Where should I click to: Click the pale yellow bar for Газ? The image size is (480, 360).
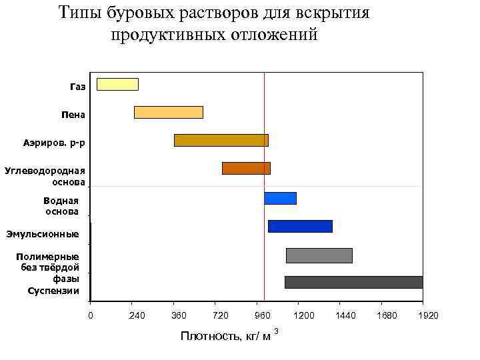click(x=117, y=84)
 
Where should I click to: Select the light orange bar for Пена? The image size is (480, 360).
click(x=168, y=112)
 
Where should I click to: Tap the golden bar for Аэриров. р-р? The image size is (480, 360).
click(x=221, y=140)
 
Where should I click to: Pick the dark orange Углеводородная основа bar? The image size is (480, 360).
click(x=246, y=168)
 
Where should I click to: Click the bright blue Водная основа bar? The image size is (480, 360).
click(x=280, y=198)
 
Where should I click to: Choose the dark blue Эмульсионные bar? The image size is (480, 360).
click(x=299, y=226)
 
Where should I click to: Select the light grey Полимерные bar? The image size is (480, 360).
click(x=319, y=255)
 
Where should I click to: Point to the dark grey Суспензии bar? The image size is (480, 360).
click(x=353, y=282)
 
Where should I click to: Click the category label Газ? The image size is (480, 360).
click(x=77, y=87)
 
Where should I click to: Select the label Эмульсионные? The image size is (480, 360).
click(x=43, y=234)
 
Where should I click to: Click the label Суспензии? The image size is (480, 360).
click(x=53, y=291)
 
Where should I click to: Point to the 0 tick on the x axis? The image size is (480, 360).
click(x=91, y=315)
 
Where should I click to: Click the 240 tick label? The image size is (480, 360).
click(x=137, y=315)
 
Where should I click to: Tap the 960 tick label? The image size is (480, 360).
click(x=263, y=315)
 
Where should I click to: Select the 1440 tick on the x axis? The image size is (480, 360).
click(x=345, y=315)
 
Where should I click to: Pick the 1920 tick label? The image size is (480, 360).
click(x=428, y=315)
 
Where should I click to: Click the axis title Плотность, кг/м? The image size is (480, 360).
click(x=225, y=336)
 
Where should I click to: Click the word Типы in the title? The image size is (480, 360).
click(x=79, y=13)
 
